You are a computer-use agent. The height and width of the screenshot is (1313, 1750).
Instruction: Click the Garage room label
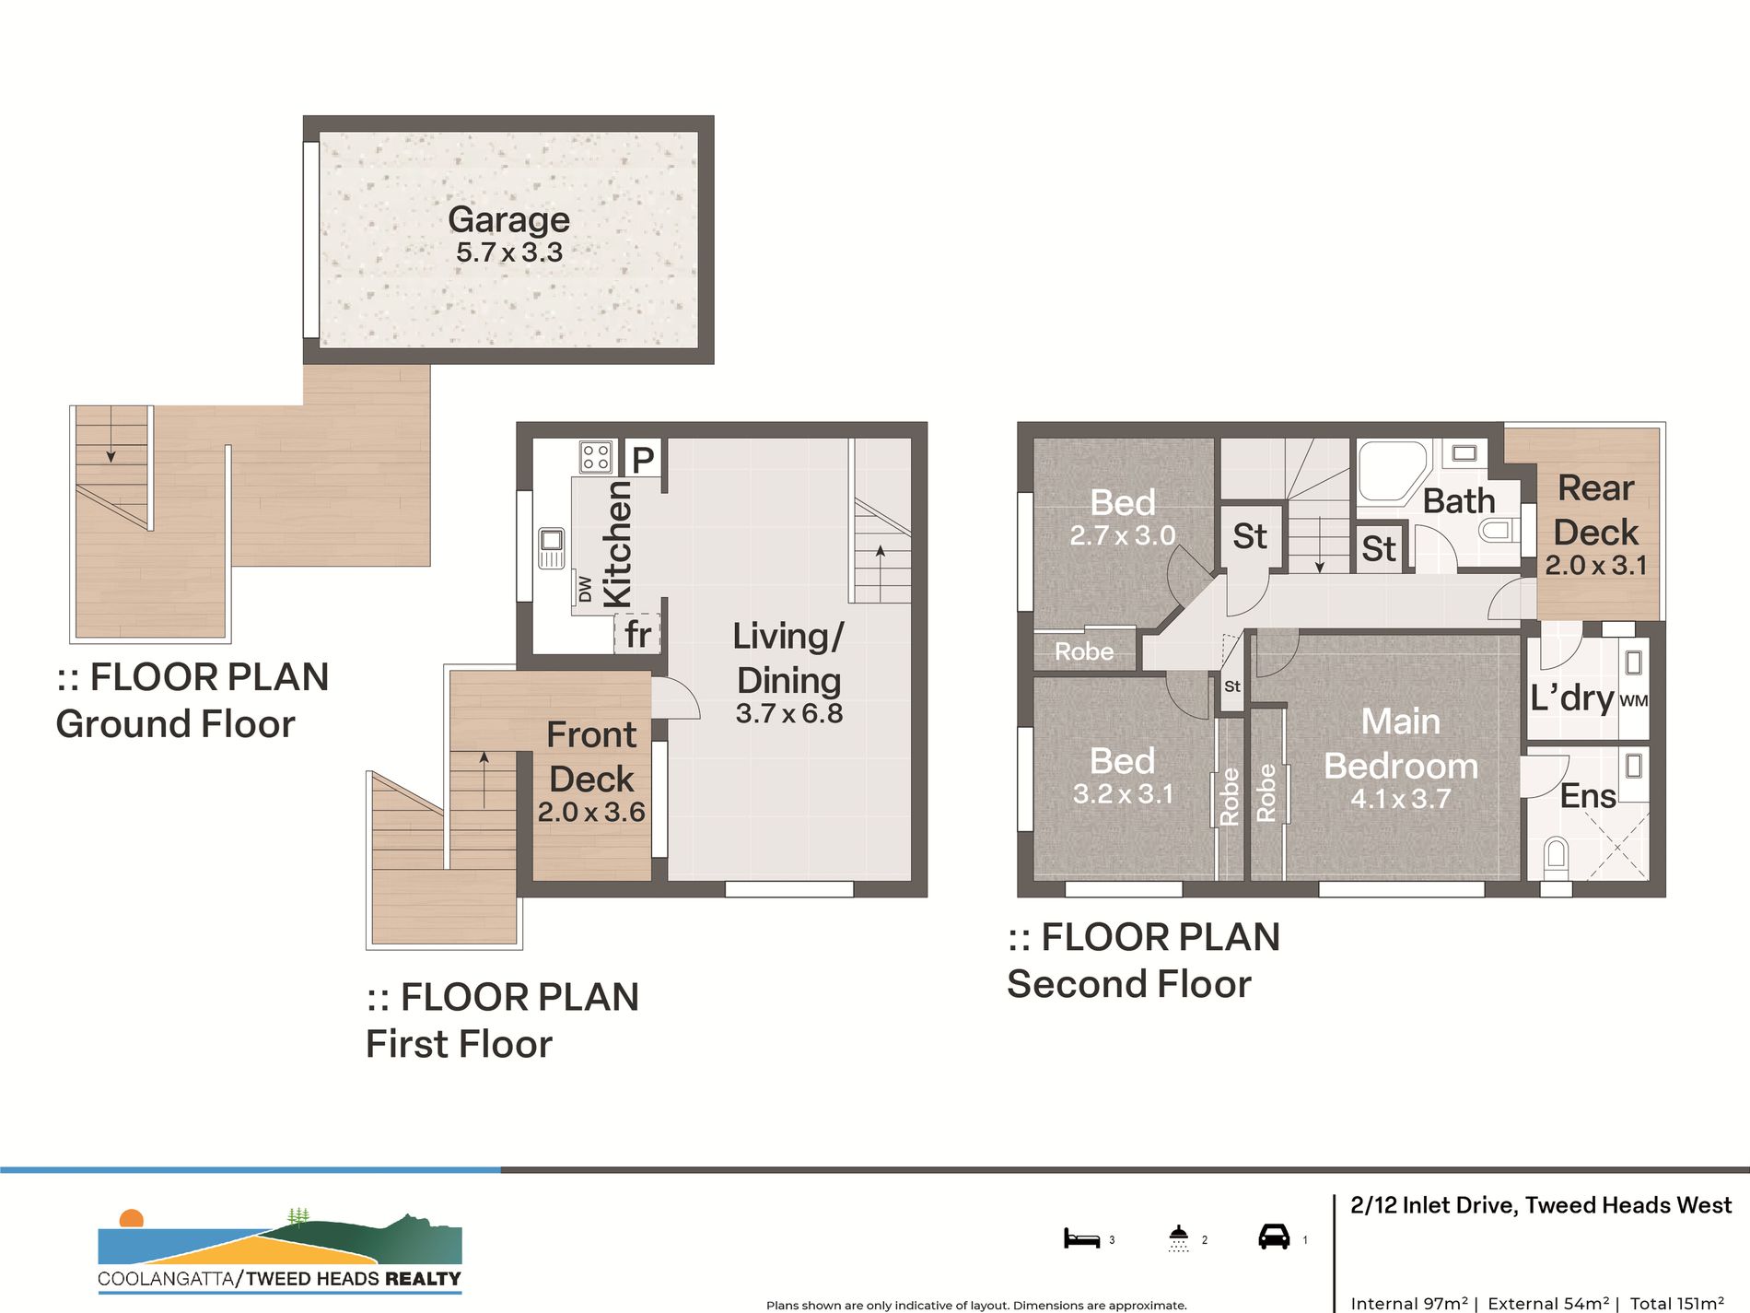coord(508,220)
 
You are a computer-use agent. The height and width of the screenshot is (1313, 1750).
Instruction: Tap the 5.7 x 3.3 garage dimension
coord(509,252)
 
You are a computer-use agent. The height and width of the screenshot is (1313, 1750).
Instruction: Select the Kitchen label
coord(617,544)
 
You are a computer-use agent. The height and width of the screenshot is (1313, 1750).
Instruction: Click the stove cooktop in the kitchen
coord(596,457)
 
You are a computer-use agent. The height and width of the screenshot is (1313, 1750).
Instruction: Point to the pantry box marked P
coord(643,458)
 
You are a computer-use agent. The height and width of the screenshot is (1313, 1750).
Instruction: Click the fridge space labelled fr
coord(637,634)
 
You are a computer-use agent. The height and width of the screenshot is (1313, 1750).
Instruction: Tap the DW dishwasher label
coord(585,590)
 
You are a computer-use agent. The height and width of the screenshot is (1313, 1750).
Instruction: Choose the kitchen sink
coord(552,547)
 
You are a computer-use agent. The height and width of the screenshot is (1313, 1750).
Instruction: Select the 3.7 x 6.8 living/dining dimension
coord(789,713)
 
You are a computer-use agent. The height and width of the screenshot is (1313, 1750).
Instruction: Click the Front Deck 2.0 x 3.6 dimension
coord(591,812)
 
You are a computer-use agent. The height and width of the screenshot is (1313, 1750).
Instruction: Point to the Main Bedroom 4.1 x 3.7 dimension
coord(1401,798)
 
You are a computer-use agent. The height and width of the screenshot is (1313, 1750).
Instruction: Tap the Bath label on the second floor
coord(1459,501)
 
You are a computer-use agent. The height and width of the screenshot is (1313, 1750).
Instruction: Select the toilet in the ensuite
coord(1556,856)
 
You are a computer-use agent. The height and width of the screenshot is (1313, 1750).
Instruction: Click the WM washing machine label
coord(1634,700)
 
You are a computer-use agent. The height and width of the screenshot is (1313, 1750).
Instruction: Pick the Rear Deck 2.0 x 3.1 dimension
coord(1596,565)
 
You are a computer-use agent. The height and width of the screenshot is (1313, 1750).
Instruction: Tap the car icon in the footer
coord(1274,1237)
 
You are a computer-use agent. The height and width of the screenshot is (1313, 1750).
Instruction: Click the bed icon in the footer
coord(1082,1238)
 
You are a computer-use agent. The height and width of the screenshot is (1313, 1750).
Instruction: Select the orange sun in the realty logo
coord(132,1218)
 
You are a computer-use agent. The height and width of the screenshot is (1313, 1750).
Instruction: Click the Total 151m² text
coord(1677,1303)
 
